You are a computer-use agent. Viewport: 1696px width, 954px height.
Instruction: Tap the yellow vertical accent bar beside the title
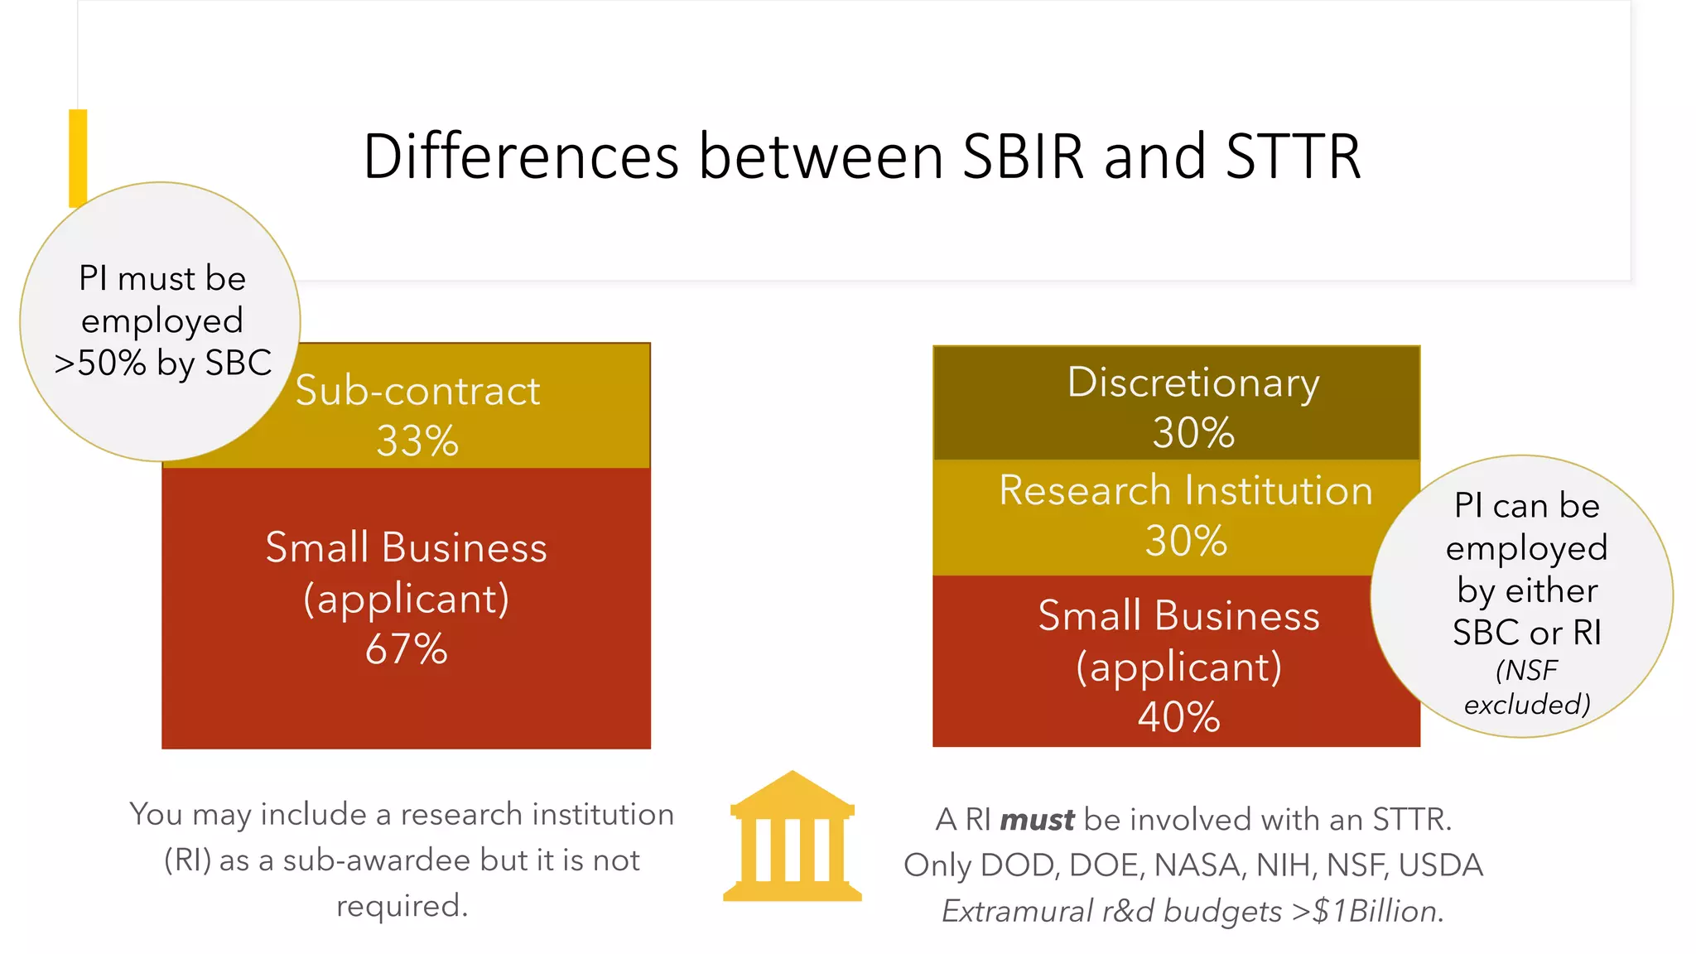78,157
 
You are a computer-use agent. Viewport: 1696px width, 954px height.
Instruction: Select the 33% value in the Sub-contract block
417,441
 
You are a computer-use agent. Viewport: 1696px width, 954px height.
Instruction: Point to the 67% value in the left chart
407,649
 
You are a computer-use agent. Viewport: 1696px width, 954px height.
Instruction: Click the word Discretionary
1193,383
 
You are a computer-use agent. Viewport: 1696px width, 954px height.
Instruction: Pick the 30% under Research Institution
1186,541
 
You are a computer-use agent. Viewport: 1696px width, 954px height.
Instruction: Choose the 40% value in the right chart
1178,717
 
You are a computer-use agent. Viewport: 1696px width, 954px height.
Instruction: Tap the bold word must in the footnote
1037,820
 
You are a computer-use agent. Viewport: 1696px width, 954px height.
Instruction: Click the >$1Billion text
1367,911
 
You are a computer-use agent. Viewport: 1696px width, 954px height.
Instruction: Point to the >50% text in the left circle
99,363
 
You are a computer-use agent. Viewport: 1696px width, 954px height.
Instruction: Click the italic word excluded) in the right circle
1527,705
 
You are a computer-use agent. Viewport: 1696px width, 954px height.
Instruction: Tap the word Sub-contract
417,391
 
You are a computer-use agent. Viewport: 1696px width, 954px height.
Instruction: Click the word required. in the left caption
402,906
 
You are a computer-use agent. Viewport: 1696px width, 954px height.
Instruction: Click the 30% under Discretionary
1193,433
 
